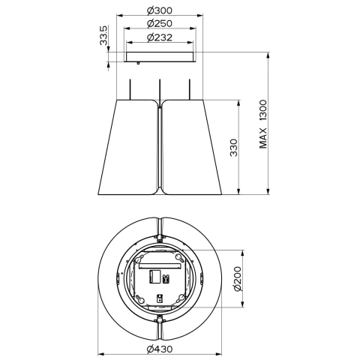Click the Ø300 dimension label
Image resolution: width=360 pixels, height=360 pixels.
(160, 10)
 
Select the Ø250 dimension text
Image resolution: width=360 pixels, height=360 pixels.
(160, 23)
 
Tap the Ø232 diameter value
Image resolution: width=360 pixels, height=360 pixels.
(160, 37)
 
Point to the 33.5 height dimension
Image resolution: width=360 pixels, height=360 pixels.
(103, 35)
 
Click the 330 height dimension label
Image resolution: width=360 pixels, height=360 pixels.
(233, 148)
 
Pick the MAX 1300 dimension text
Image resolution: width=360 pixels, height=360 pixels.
(263, 124)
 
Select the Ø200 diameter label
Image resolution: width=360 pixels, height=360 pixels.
(238, 279)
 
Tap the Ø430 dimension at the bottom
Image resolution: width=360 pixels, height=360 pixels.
(160, 349)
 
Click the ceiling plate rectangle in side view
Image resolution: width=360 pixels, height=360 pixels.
(160, 57)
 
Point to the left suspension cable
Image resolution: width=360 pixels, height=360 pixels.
(130, 89)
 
